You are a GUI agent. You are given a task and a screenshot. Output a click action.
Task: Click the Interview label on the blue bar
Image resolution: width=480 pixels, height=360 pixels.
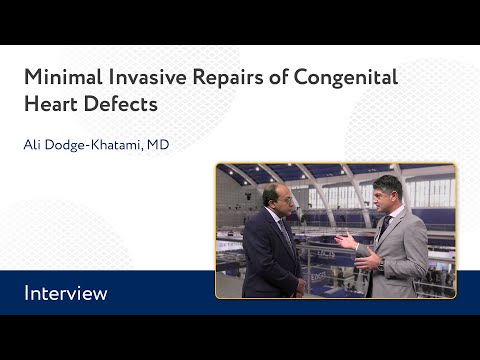click(66, 294)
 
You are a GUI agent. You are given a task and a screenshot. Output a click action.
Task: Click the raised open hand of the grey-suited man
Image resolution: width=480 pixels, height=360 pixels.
click(345, 241)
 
